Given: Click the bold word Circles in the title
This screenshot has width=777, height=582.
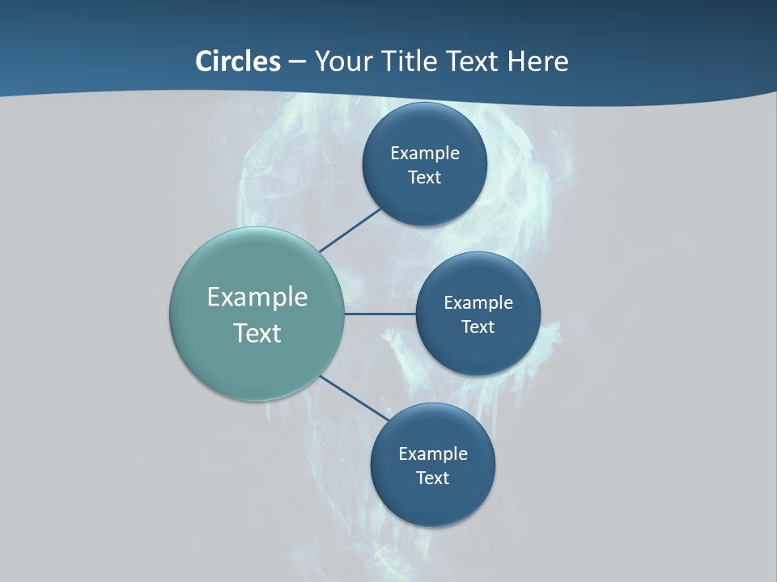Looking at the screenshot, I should pos(237,61).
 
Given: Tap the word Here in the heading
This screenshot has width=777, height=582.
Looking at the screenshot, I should pos(537,61).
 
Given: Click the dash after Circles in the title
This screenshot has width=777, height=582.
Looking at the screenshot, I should pos(296,62).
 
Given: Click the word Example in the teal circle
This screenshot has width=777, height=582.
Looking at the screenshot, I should pos(257,297).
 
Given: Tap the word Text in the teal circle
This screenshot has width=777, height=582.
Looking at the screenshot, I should pos(257,333).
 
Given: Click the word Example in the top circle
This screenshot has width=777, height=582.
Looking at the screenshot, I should pos(424,153).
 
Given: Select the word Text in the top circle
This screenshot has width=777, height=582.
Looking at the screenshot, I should pos(424,177).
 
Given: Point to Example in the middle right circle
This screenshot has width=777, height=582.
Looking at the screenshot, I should pos(478,302).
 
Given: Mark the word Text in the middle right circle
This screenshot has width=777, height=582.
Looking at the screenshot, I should pos(478,327).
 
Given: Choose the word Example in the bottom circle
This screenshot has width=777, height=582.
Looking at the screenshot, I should pos(432,453).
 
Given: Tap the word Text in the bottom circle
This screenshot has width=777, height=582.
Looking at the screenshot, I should pos(432,478).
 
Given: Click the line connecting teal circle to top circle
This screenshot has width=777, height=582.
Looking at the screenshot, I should pos(350,230).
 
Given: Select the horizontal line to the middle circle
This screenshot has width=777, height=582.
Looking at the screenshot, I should pos(380,314).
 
